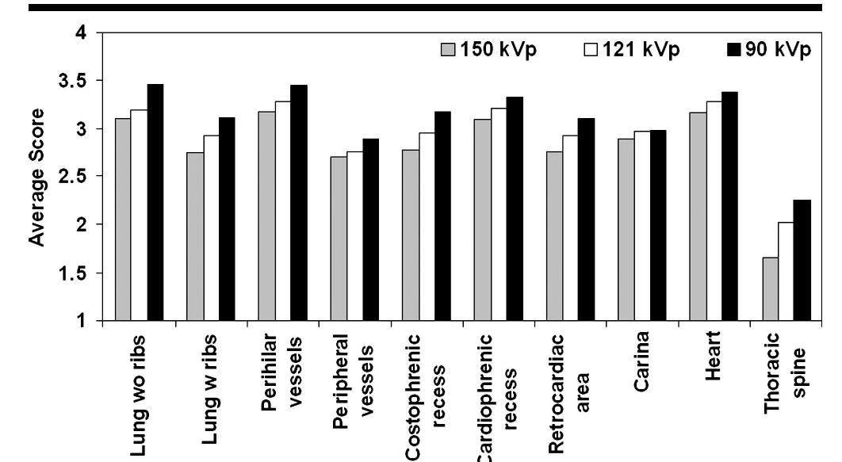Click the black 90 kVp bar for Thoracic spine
tap(802, 260)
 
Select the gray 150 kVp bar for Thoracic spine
tap(768, 288)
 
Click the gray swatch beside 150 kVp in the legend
tap(451, 50)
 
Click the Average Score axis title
tap(35, 176)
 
